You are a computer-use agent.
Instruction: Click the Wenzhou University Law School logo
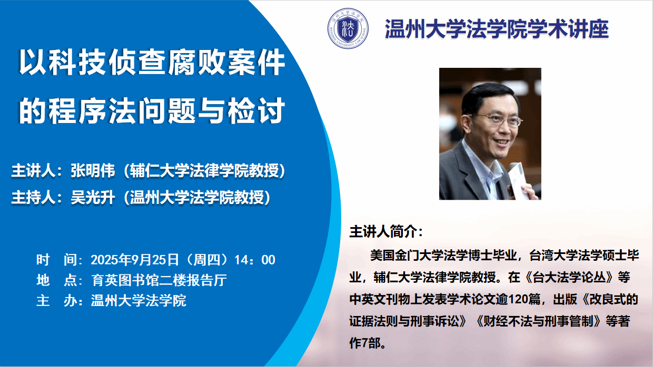pyautogui.click(x=348, y=28)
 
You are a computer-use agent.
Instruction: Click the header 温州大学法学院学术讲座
pyautogui.click(x=497, y=29)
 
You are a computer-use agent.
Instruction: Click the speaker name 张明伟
pyautogui.click(x=93, y=170)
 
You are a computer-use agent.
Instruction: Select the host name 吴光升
pyautogui.click(x=93, y=197)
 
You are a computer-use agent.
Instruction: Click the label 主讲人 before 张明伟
pyautogui.click(x=33, y=170)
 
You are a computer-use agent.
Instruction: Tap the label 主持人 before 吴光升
pyautogui.click(x=33, y=197)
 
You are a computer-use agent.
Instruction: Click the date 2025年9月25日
pyautogui.click(x=135, y=260)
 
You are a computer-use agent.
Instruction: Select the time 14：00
pyautogui.click(x=255, y=260)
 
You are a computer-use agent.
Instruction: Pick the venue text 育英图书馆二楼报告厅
pyautogui.click(x=159, y=280)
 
